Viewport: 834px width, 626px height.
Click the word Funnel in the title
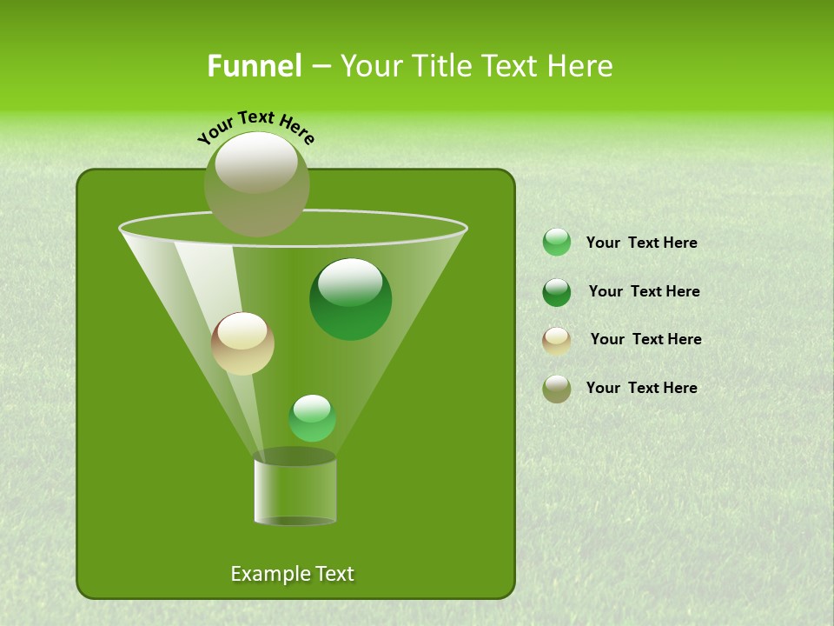pyautogui.click(x=254, y=66)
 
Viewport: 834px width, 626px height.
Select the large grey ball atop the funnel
pyautogui.click(x=256, y=184)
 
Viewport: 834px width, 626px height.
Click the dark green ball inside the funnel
pyautogui.click(x=351, y=300)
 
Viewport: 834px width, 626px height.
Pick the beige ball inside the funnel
pyautogui.click(x=242, y=343)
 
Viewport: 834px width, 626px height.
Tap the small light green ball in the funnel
pyautogui.click(x=312, y=418)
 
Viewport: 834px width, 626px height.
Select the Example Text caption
pyautogui.click(x=292, y=574)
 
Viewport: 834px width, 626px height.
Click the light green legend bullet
pyautogui.click(x=557, y=243)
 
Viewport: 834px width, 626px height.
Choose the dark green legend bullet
pyautogui.click(x=557, y=292)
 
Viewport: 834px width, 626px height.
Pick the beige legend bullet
pyautogui.click(x=557, y=341)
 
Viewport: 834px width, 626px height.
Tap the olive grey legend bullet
pyautogui.click(x=557, y=389)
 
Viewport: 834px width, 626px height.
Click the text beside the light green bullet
pyautogui.click(x=641, y=243)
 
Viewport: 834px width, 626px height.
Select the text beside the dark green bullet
pyautogui.click(x=644, y=291)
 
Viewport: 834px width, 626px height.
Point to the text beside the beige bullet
pyautogui.click(x=645, y=339)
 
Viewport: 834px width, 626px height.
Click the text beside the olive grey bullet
pyautogui.click(x=641, y=388)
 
